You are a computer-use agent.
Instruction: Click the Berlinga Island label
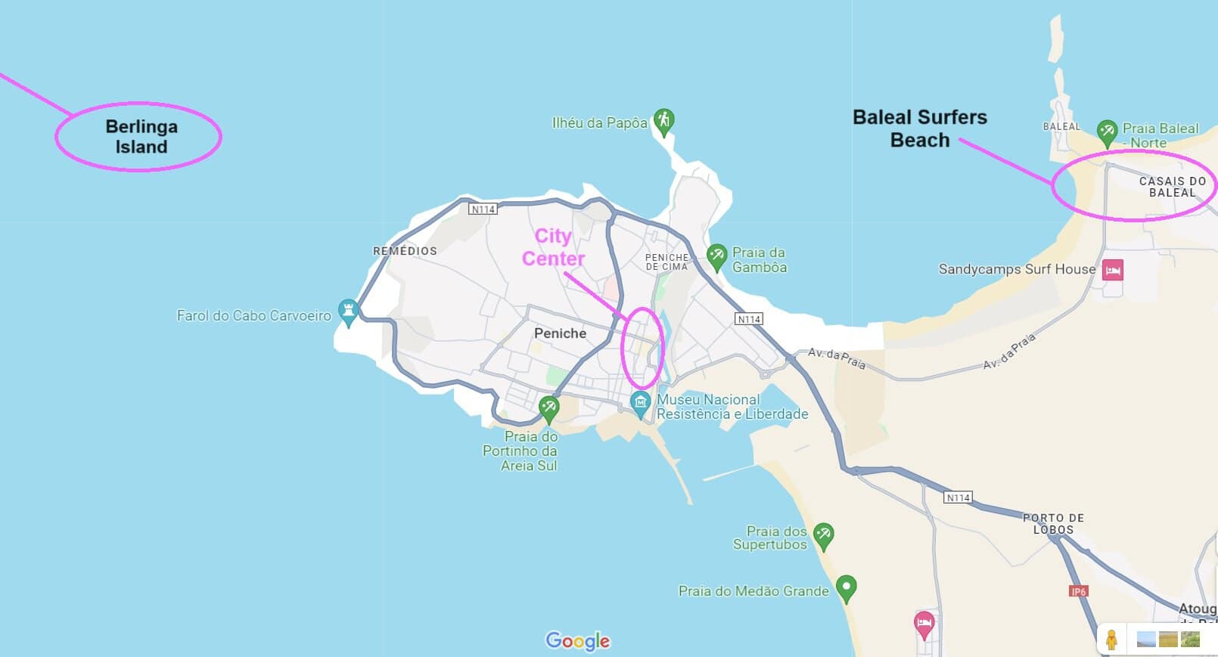coord(141,137)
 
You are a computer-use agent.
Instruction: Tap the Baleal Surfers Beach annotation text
coord(919,129)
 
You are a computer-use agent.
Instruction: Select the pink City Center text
coord(553,247)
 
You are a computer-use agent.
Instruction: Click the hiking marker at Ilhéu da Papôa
coord(663,121)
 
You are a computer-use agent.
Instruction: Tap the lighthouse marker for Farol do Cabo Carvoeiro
coord(348,311)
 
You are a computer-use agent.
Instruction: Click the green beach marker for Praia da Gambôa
coord(716,256)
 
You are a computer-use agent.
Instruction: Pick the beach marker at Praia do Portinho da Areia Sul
coord(548,408)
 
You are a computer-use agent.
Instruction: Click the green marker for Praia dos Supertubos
coord(823,535)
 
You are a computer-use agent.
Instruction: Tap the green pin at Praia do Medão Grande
coord(846,587)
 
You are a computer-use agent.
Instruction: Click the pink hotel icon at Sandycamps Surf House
coord(1112,270)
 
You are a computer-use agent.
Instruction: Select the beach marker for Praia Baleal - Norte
coord(1107,132)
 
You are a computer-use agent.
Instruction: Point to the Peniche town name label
coord(560,333)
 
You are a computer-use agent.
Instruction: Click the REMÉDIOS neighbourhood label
coord(405,251)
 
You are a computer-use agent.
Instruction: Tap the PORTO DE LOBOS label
coord(1053,524)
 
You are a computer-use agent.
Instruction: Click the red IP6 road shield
coord(1078,591)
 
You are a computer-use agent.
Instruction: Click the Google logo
coord(577,641)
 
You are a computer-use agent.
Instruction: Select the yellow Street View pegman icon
coord(1111,640)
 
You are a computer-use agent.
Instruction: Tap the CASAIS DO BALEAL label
coord(1172,187)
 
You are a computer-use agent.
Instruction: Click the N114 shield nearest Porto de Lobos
coord(958,497)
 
